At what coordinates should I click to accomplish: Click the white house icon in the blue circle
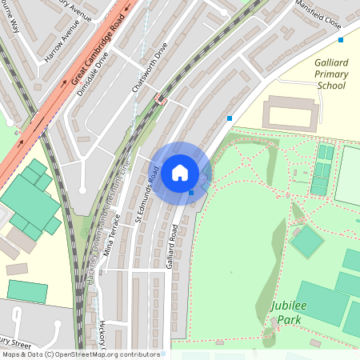point(180,173)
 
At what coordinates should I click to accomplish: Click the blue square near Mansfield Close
point(341,39)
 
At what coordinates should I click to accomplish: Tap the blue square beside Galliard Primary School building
point(230,118)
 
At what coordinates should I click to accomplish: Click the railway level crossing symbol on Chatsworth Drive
point(159,100)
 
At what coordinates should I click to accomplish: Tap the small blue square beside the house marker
point(191,192)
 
